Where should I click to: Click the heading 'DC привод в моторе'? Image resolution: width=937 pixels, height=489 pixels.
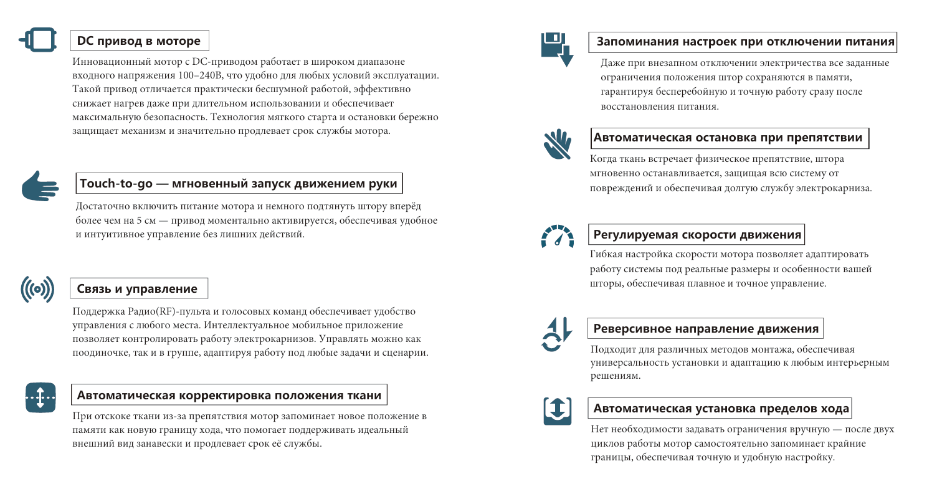[138, 41]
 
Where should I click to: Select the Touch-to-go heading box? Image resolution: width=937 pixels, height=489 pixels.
[239, 184]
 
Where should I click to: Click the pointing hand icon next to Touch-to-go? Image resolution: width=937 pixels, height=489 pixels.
[39, 186]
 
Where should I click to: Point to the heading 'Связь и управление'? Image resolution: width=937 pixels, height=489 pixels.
[137, 288]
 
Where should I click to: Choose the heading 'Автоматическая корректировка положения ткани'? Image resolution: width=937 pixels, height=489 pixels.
[229, 395]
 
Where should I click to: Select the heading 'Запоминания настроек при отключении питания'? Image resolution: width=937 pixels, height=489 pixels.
[746, 42]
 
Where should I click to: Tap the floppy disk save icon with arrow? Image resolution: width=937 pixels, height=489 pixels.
[556, 49]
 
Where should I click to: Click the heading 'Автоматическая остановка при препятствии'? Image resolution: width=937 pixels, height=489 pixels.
[728, 138]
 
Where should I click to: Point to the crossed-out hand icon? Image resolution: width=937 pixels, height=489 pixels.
[556, 141]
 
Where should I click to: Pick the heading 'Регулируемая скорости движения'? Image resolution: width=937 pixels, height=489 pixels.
[697, 235]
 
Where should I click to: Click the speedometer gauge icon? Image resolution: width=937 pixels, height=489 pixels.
[556, 236]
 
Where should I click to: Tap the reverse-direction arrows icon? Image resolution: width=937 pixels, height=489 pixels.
[556, 333]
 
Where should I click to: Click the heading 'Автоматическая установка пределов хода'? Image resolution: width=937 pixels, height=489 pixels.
[721, 409]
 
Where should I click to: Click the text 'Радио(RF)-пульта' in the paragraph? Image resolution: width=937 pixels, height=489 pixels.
[161, 311]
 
